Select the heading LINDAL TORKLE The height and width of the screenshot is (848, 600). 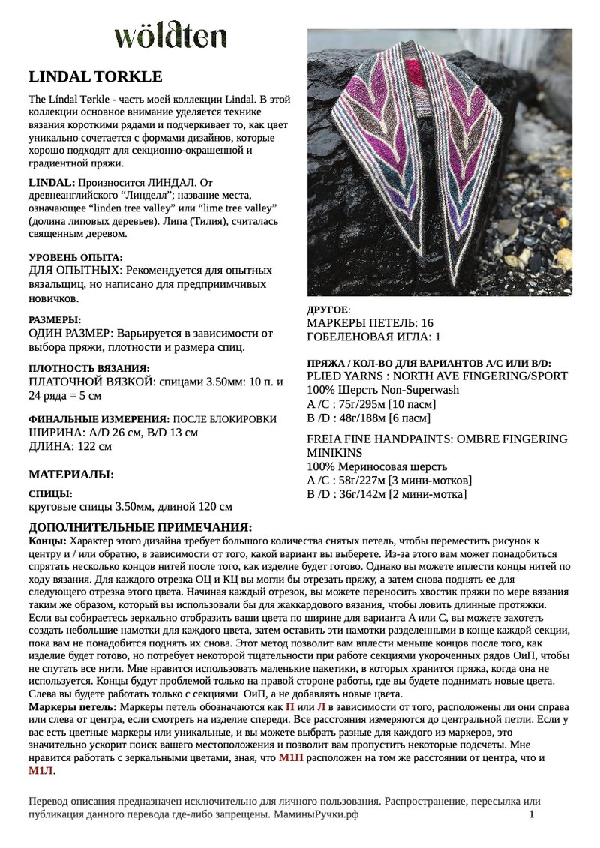point(95,77)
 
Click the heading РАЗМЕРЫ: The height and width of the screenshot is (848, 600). point(55,319)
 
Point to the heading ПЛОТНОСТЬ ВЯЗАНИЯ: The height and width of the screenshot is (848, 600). point(88,368)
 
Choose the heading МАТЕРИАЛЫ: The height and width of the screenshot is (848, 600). point(71,474)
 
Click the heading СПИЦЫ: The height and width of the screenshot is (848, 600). point(50,494)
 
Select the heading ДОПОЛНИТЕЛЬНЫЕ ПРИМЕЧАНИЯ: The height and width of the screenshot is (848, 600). point(140,528)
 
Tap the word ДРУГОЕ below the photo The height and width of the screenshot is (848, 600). point(328,310)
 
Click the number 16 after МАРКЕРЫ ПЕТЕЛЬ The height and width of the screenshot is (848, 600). point(427,322)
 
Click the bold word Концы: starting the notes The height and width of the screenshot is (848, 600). point(46,541)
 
